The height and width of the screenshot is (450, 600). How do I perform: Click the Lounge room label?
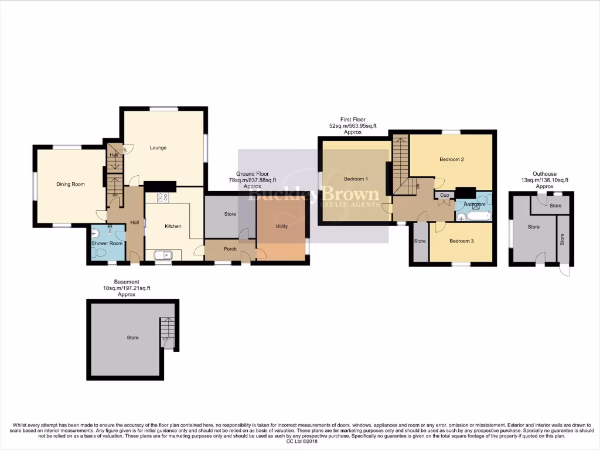158,148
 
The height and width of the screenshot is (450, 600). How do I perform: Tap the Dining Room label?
70,184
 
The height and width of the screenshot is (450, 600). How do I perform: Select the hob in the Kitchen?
162,197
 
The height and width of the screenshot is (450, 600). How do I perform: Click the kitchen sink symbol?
162,254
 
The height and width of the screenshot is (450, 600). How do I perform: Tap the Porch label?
230,248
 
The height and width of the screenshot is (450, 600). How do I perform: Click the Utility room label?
281,226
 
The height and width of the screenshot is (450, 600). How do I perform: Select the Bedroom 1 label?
356,179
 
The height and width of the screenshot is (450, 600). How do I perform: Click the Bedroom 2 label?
451,159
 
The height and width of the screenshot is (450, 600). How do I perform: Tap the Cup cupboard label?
445,195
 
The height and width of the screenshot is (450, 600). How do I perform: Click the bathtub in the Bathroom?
475,216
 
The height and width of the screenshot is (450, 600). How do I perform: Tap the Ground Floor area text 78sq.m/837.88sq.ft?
252,180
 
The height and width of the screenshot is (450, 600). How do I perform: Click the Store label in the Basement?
132,337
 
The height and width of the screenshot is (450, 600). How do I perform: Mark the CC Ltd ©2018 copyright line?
300,442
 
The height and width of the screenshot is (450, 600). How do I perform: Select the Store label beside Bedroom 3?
420,241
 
